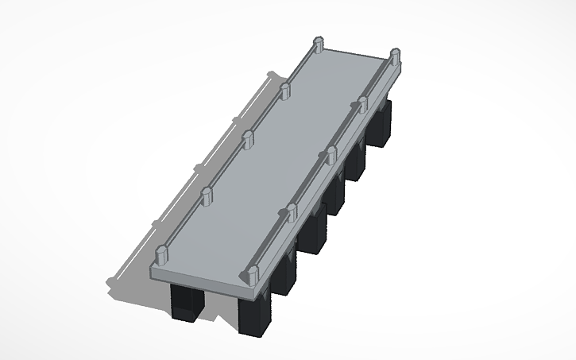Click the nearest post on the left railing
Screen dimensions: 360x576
point(162,255)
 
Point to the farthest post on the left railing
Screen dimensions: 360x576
point(318,45)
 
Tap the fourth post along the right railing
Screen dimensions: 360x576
point(363,103)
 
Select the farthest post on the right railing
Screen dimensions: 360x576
point(394,56)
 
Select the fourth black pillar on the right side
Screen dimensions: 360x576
point(334,199)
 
